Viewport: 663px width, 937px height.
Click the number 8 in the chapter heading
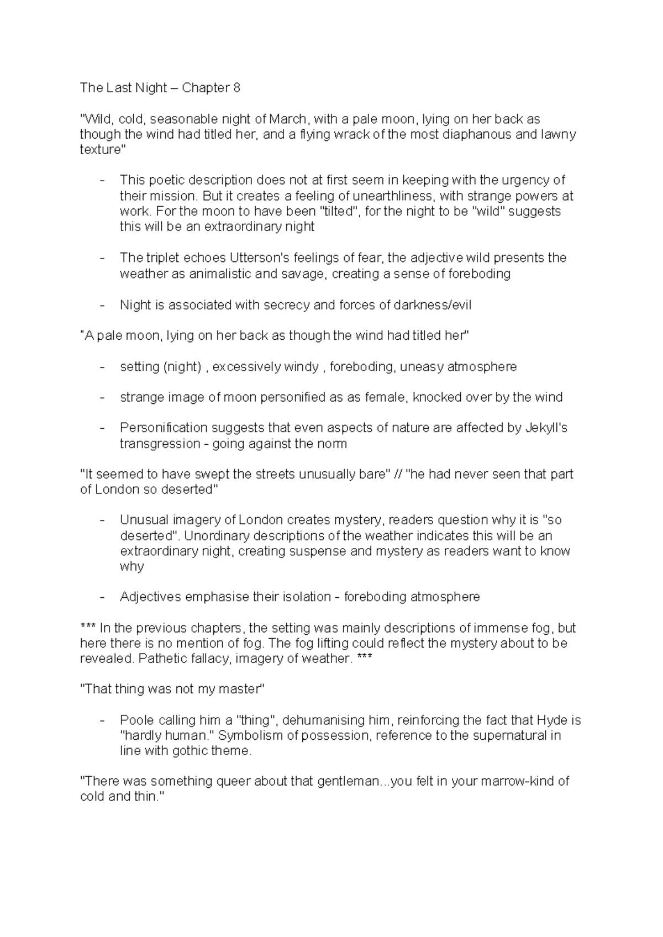pos(236,88)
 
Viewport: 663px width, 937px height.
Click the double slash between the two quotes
pos(396,475)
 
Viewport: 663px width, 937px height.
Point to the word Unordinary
pos(213,536)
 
